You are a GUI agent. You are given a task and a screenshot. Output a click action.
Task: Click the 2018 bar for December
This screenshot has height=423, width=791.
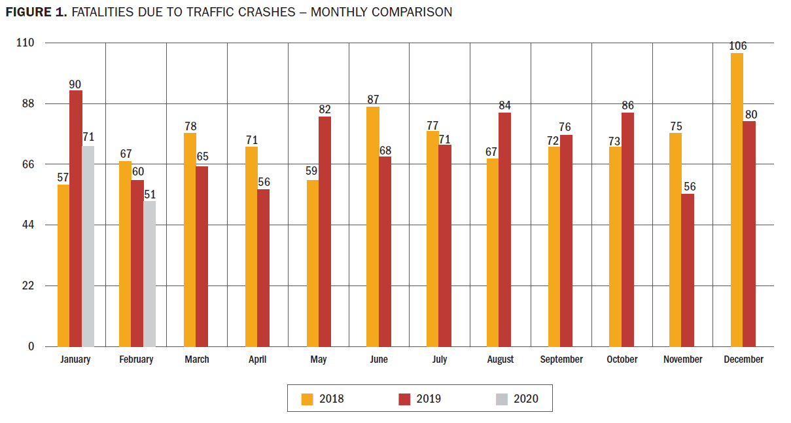[x=737, y=200]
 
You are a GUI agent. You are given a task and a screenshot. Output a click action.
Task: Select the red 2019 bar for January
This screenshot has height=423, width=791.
[x=76, y=218]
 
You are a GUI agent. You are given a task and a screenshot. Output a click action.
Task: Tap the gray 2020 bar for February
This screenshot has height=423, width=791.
[x=150, y=274]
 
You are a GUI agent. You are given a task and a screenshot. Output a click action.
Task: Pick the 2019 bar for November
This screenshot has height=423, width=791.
[x=688, y=270]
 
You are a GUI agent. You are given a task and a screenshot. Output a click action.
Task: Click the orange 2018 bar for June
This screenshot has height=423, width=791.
[x=373, y=227]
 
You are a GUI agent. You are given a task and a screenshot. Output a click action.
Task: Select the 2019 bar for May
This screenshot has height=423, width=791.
[x=325, y=231]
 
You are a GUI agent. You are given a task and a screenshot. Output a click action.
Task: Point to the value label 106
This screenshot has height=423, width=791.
[x=737, y=46]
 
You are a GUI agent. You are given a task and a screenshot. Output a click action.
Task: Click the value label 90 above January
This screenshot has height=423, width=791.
[x=76, y=84]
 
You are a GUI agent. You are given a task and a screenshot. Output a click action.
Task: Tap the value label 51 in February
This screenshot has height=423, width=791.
[x=150, y=194]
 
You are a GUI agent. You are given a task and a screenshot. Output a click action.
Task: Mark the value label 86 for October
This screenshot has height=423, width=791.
[x=627, y=106]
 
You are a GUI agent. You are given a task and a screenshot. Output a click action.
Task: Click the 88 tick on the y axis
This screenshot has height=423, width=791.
[x=29, y=103]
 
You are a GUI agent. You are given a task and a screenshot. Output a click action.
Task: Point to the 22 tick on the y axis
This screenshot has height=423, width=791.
[x=29, y=286]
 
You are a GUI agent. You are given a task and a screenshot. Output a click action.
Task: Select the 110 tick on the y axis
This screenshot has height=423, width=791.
[x=27, y=43]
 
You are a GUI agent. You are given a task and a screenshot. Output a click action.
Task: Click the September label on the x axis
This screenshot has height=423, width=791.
[x=561, y=359]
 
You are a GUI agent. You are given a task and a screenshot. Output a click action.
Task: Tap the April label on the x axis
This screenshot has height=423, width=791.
[x=258, y=359]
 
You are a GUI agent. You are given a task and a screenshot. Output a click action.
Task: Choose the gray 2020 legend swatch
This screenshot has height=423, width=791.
[x=501, y=399]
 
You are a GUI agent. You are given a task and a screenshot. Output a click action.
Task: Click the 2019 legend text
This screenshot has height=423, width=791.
[x=429, y=399]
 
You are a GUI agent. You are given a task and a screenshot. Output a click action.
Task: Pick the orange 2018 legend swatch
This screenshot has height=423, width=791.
[x=307, y=399]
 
